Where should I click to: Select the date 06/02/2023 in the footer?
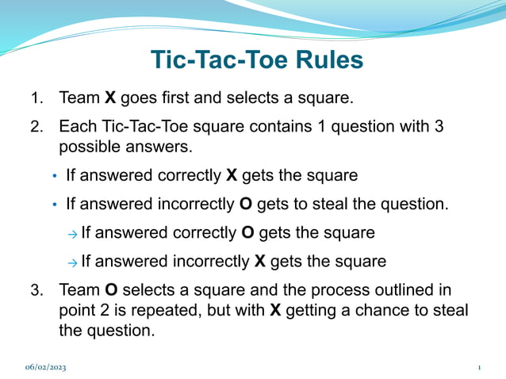[x=46, y=368]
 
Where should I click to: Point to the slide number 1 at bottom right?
[x=480, y=368]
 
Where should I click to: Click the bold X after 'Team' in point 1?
[x=110, y=99]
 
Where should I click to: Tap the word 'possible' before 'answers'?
[x=89, y=147]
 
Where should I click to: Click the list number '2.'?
[x=37, y=127]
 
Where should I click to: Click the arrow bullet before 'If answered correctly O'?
[x=72, y=234]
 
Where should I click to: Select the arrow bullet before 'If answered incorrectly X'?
[x=72, y=262]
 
